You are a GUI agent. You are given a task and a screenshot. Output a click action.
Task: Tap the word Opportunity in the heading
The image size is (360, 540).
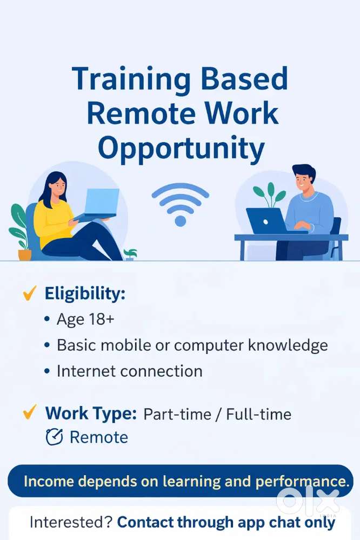pos(181,149)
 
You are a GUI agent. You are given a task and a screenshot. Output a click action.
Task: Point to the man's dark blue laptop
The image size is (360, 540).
pos(266,221)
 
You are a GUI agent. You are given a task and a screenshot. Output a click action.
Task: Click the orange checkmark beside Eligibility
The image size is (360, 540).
pos(29,293)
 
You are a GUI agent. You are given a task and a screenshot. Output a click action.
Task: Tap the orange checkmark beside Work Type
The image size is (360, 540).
pos(29,412)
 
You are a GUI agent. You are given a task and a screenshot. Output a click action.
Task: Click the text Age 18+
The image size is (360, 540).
pos(85,319)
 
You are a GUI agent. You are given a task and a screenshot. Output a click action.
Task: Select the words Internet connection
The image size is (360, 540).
pos(130,371)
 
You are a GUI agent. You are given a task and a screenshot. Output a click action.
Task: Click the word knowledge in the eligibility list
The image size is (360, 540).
pos(288,345)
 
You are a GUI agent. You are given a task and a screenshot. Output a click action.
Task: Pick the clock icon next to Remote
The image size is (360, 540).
pos(55,437)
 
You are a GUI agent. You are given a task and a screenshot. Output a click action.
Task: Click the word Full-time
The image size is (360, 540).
pos(259,414)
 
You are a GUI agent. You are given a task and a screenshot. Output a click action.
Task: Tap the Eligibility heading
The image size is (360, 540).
pos(85,294)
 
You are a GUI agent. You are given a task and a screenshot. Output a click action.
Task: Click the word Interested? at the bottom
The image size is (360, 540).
pos(71,522)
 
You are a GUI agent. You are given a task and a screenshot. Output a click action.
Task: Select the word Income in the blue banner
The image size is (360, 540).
pos(49,481)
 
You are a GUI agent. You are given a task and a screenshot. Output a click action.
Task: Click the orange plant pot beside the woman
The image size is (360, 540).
pos(25,255)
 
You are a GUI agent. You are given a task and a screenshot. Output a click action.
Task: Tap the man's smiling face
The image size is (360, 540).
pos(302,182)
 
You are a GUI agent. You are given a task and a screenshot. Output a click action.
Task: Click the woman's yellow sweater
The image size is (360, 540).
pos(54,223)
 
